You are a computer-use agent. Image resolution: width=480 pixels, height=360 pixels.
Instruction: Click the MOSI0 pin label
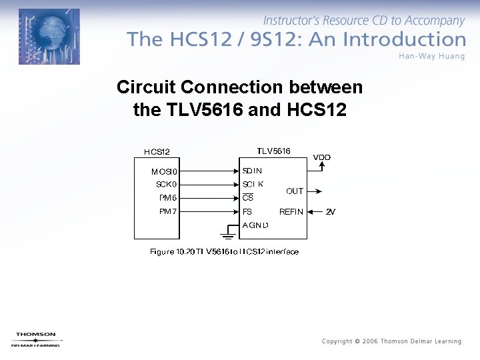point(164,171)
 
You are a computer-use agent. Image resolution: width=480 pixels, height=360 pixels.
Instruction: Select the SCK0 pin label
point(166,184)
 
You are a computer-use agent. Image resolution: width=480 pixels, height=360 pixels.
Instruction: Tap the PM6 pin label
point(168,198)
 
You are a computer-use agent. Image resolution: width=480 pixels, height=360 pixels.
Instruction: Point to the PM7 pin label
point(168,211)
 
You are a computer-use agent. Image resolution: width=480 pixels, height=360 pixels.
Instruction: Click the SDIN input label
point(252,171)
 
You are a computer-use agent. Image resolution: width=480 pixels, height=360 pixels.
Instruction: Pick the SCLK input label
point(253,184)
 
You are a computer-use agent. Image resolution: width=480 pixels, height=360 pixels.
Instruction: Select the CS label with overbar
point(247,198)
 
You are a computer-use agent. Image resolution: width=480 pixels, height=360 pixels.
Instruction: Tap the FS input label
point(247,212)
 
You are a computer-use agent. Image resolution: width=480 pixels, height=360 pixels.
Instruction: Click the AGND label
point(255,225)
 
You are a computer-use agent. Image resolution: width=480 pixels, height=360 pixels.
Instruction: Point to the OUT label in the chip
point(295,191)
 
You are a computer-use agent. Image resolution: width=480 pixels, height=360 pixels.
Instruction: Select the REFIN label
point(291,212)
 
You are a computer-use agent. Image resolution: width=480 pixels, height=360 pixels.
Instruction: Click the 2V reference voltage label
point(331,212)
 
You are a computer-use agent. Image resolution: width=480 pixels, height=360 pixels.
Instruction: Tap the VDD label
point(322,157)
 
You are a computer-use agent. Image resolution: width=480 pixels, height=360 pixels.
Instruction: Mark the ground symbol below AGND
point(227,235)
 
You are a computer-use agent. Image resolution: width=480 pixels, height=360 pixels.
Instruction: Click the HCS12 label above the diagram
point(157,152)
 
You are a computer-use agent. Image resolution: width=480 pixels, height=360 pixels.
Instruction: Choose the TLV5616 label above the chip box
point(273,151)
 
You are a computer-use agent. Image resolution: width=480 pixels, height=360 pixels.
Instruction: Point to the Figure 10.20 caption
point(224,252)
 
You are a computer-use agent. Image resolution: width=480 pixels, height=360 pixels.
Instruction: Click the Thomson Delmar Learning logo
point(36,339)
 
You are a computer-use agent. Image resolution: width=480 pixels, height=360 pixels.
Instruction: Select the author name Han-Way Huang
point(432,55)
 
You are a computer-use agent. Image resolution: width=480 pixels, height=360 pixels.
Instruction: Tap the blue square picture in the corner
point(49,37)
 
